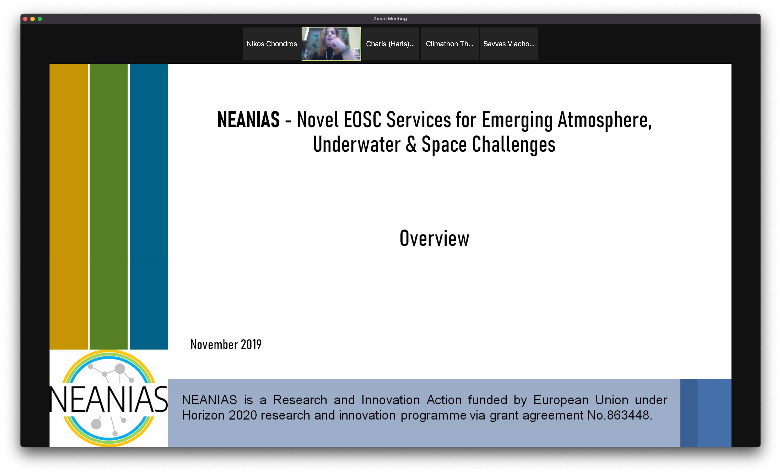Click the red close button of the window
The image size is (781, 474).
[x=25, y=19]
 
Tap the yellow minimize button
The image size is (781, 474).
[x=33, y=19]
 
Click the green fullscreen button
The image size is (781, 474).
[x=40, y=19]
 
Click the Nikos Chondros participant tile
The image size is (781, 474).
[x=272, y=44]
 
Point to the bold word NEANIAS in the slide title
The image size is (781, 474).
[x=249, y=120]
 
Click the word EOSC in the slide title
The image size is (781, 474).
[x=363, y=120]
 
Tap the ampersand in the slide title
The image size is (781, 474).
[x=411, y=144]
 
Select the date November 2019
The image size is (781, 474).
[x=226, y=344]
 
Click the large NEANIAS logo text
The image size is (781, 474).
[x=109, y=399]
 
